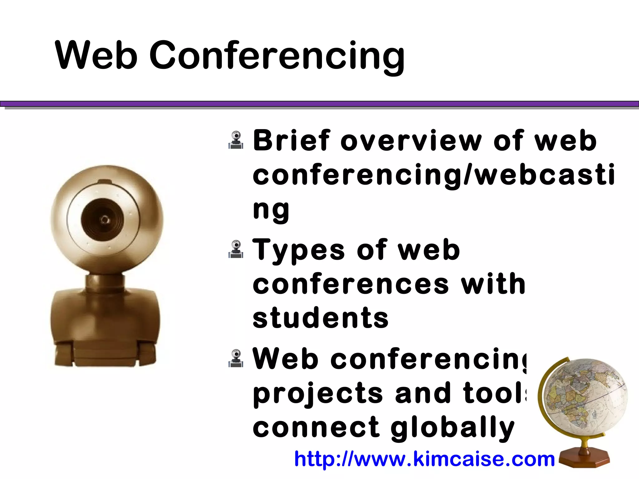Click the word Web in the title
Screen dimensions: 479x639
coord(96,56)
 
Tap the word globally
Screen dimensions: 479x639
coord(452,428)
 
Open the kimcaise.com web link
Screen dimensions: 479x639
coord(424,459)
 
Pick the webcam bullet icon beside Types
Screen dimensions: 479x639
coord(236,249)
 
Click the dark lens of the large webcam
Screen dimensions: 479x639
coord(103,220)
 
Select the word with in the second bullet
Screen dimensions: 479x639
coord(493,284)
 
